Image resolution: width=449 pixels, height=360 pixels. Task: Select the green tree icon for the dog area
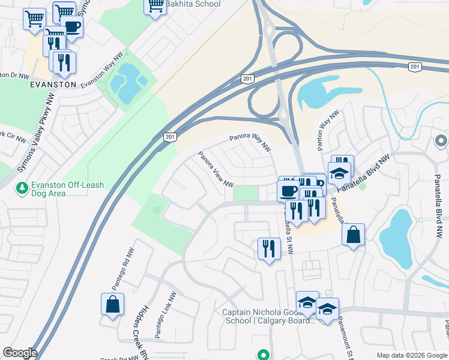[x=22, y=188]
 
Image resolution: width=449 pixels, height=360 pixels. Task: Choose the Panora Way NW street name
[x=250, y=142]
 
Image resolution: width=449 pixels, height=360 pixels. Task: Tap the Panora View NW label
[x=216, y=169]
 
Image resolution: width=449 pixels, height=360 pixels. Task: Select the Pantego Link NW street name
[x=166, y=316]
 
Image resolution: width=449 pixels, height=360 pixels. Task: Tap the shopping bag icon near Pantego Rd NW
[x=112, y=304]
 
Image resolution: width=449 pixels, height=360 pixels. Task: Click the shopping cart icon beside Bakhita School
[x=155, y=5]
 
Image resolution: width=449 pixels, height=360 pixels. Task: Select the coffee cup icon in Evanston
[x=72, y=26]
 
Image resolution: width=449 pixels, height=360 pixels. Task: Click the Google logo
[x=20, y=353]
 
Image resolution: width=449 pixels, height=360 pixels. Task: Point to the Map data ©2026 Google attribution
[x=411, y=355]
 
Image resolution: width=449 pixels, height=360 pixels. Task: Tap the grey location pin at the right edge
[x=441, y=141]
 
